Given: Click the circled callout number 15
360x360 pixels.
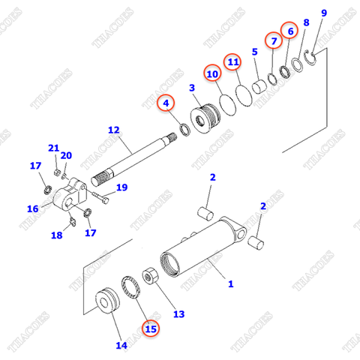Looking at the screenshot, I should [151, 327].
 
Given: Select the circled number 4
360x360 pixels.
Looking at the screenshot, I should [165, 102].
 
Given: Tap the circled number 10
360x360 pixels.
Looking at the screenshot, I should [212, 74].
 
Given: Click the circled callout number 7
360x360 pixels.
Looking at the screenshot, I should [273, 39].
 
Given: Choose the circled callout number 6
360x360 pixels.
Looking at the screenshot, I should [290, 30].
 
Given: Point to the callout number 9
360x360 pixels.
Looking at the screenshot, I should [324, 13].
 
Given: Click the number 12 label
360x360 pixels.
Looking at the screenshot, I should [113, 130].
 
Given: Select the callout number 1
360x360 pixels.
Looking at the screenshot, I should [231, 284].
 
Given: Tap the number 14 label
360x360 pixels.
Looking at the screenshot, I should [121, 345].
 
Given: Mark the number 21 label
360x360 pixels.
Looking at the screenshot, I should [53, 147].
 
